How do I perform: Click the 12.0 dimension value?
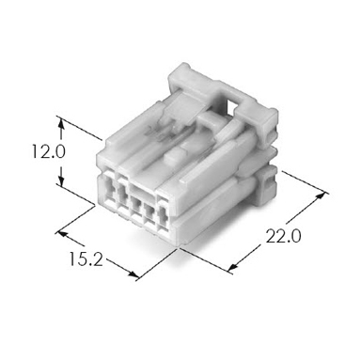[48, 152]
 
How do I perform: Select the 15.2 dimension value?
[86, 258]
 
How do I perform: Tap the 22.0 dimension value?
[283, 236]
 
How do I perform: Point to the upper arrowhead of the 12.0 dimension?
[61, 123]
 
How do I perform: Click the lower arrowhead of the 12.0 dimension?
[61, 180]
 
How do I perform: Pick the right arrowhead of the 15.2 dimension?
[133, 274]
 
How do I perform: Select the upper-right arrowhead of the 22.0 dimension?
[321, 196]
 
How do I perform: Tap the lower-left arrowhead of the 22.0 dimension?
[232, 267]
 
